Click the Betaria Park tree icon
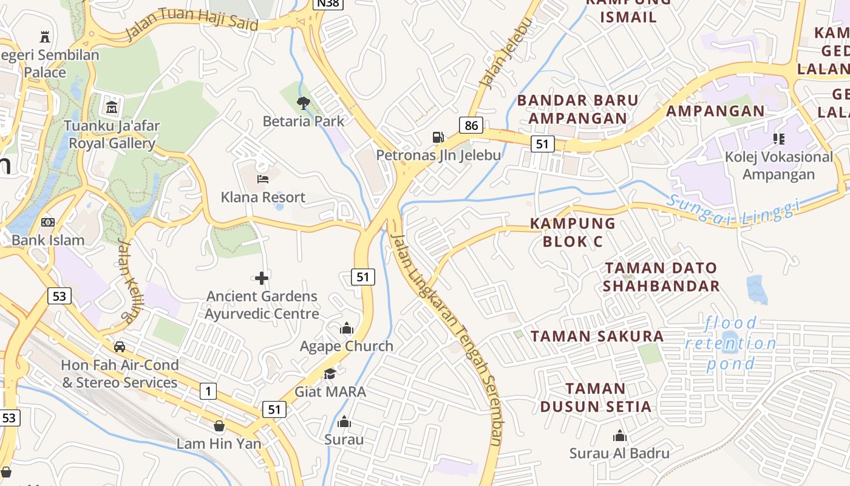pyautogui.click(x=304, y=103)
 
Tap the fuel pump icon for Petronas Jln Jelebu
pyautogui.click(x=438, y=137)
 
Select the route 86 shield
pyautogui.click(x=471, y=126)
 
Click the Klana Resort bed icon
pyautogui.click(x=263, y=179)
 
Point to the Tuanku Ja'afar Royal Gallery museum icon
pyautogui.click(x=112, y=108)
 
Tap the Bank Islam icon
pyautogui.click(x=48, y=222)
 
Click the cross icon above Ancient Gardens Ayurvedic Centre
pyautogui.click(x=262, y=278)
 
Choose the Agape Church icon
pyautogui.click(x=347, y=329)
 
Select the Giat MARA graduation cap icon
pyautogui.click(x=330, y=374)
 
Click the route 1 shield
pyautogui.click(x=208, y=391)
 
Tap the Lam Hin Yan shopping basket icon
pyautogui.click(x=219, y=426)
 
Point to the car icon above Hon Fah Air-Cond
pyautogui.click(x=120, y=347)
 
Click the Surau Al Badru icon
pyautogui.click(x=619, y=436)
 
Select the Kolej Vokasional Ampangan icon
pyautogui.click(x=779, y=139)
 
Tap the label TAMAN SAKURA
pyautogui.click(x=597, y=336)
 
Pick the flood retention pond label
pyautogui.click(x=731, y=343)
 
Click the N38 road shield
pyautogui.click(x=328, y=4)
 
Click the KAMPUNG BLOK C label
pyautogui.click(x=573, y=232)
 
